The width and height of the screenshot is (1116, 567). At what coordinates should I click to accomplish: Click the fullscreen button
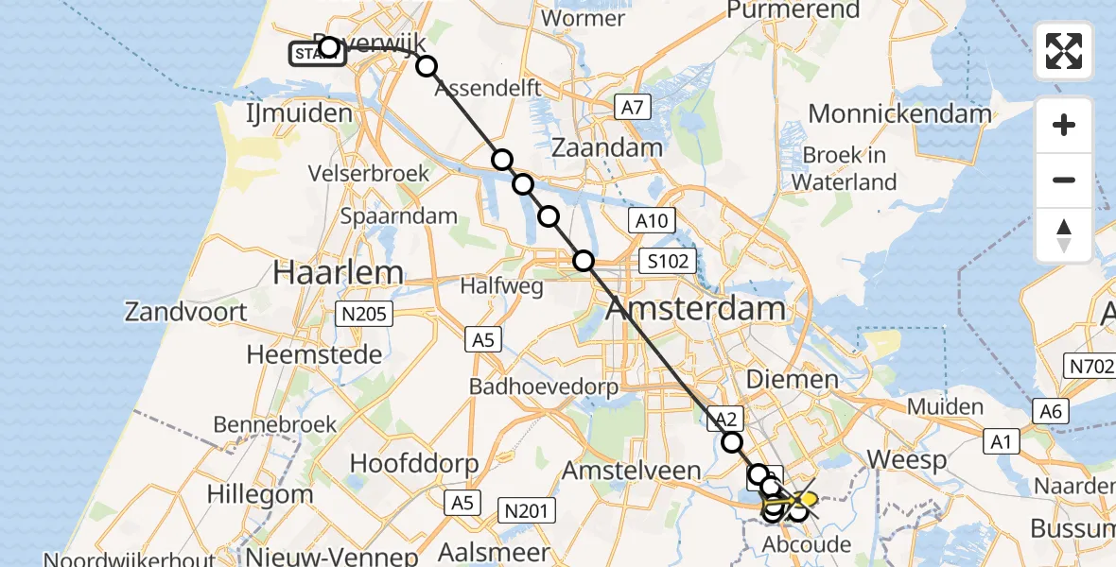1064,51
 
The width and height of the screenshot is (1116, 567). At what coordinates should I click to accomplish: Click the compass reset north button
1064,235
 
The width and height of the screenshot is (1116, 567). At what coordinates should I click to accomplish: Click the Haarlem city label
338,273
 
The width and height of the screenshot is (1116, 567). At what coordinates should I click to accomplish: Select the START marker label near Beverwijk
316,54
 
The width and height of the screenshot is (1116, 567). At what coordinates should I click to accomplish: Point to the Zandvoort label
186,312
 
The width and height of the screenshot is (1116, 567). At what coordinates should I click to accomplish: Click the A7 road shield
631,109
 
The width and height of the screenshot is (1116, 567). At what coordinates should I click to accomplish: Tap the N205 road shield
364,315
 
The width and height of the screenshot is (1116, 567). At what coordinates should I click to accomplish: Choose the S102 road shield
669,262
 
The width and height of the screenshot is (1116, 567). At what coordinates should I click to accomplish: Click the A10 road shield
652,221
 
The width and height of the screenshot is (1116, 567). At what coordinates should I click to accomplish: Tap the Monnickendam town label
899,114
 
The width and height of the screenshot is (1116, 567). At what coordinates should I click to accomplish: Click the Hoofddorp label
413,464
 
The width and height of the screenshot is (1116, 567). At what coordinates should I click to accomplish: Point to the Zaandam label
606,147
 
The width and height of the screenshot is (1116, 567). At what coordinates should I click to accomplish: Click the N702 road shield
1092,366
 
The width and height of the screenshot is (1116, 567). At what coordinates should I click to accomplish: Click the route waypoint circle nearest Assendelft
427,66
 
